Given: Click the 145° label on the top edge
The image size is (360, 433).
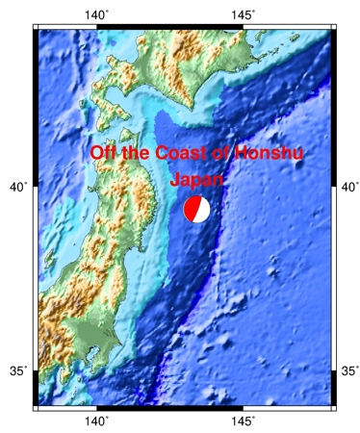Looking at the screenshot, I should (243, 13).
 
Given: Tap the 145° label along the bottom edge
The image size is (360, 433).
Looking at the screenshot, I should (243, 421).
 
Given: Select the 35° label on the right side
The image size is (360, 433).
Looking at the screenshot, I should (349, 370).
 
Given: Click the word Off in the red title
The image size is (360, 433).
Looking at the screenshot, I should (103, 154).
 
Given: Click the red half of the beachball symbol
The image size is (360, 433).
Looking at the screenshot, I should (193, 210).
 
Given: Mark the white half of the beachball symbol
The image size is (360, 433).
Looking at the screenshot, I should (203, 210).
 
